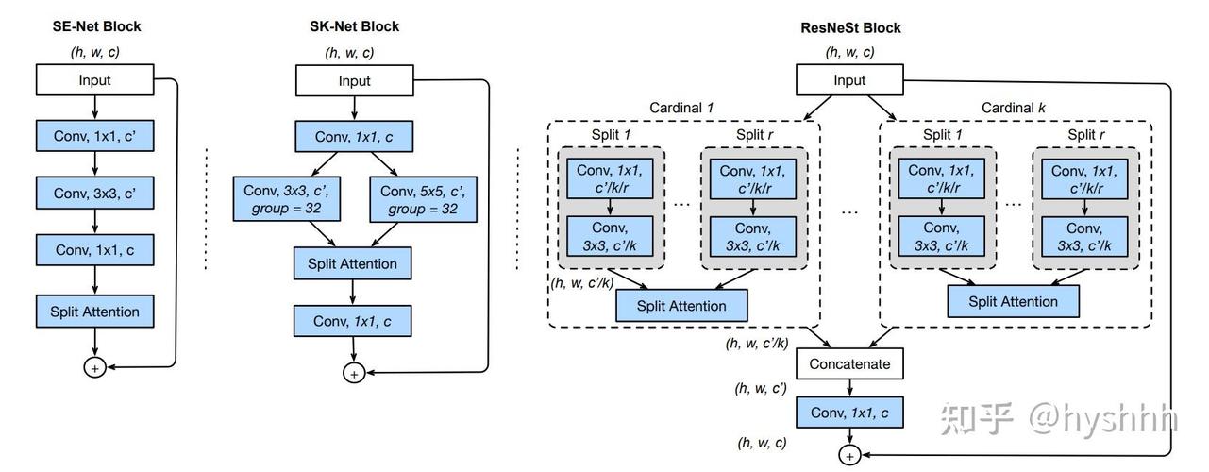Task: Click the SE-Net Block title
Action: [96, 26]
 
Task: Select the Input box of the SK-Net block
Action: [355, 80]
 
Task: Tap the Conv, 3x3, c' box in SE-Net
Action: [95, 193]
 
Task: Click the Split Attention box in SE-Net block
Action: [95, 312]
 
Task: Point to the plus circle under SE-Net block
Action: [95, 368]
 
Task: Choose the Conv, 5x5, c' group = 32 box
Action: [423, 199]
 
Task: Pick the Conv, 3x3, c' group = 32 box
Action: [287, 199]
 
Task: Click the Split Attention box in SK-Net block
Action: [352, 263]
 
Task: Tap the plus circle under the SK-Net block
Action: [354, 373]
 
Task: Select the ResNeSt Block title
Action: [850, 28]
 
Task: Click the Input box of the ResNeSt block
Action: [849, 80]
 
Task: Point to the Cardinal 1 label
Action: [681, 108]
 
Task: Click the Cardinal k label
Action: [1013, 108]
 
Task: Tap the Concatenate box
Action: [849, 363]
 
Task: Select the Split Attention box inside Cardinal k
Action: [1013, 301]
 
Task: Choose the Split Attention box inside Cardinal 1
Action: [681, 306]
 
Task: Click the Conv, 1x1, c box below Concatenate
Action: [849, 413]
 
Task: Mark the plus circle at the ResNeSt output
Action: [849, 455]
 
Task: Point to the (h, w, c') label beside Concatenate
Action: [761, 388]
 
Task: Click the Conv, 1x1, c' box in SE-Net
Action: [95, 136]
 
